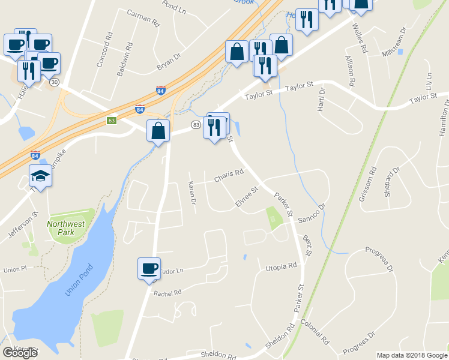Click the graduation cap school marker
(x=40, y=176)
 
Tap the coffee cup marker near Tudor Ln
(x=149, y=269)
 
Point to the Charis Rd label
(x=228, y=176)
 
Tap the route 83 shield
(x=196, y=124)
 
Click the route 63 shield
(x=112, y=121)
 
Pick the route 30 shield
(x=55, y=83)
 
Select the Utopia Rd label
(x=282, y=265)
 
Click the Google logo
(x=20, y=352)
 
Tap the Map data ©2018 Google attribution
(x=412, y=355)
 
